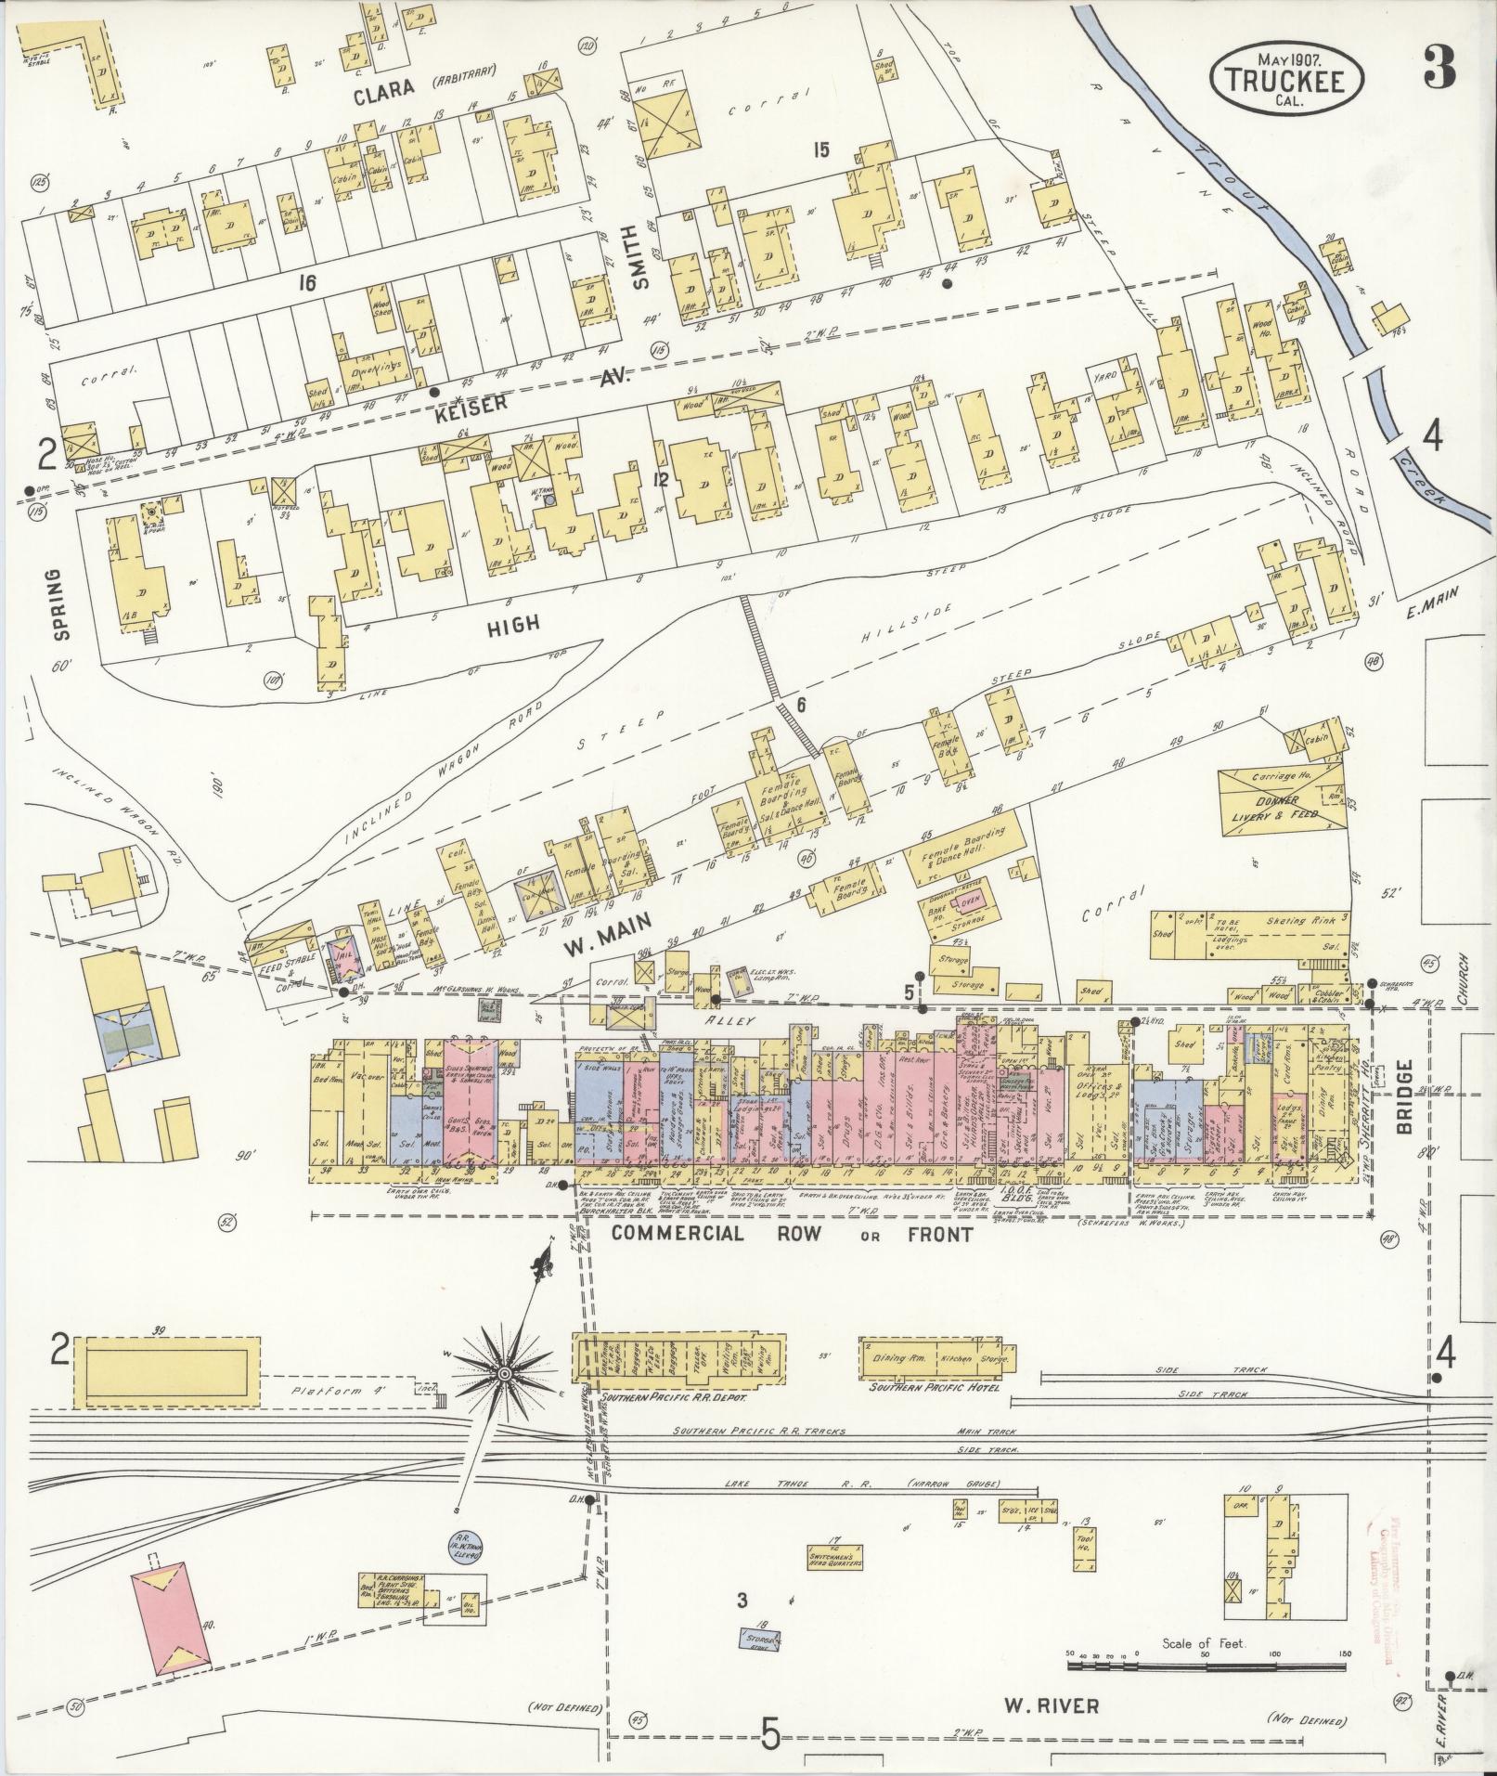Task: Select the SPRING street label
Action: pyautogui.click(x=61, y=603)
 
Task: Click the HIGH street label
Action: pyautogui.click(x=513, y=624)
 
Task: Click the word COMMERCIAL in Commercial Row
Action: pyautogui.click(x=678, y=1234)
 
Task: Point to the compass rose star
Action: pyautogui.click(x=504, y=1372)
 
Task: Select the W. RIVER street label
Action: pyautogui.click(x=1051, y=1705)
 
